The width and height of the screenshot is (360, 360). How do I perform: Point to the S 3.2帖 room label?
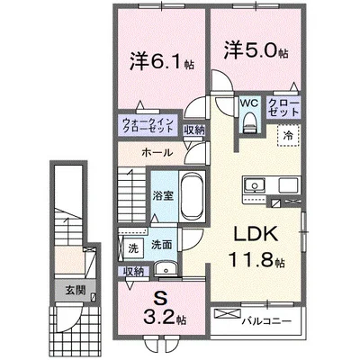pos(164,308)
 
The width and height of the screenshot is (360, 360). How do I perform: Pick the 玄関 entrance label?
pos(75,290)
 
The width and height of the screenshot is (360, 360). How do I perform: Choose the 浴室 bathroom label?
pos(163,193)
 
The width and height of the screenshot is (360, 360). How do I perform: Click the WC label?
pos(247,103)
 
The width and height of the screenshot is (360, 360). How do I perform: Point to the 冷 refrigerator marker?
pos(288,135)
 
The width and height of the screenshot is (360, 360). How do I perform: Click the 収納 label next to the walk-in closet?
pos(193,130)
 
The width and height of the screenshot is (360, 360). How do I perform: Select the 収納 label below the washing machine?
pos(133,270)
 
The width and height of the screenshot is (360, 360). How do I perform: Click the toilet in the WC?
pos(247,127)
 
